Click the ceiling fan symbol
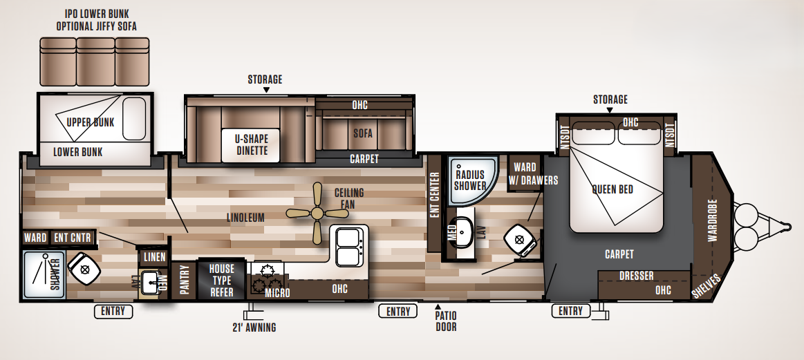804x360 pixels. point(317,212)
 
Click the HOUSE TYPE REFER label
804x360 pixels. point(222,281)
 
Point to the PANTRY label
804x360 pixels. point(185,281)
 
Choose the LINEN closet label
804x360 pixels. point(153,258)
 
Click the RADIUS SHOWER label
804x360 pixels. point(470,180)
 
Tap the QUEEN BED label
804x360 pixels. point(613,189)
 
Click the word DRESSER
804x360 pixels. point(636,276)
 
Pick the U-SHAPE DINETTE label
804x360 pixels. point(251,144)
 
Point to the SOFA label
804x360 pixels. point(364,133)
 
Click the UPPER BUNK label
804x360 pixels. point(91,123)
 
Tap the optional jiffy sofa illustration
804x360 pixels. point(95,62)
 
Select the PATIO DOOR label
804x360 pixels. point(446,321)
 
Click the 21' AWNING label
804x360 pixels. point(254,328)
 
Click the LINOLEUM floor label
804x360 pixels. point(245,218)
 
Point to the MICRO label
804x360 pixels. point(277,294)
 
